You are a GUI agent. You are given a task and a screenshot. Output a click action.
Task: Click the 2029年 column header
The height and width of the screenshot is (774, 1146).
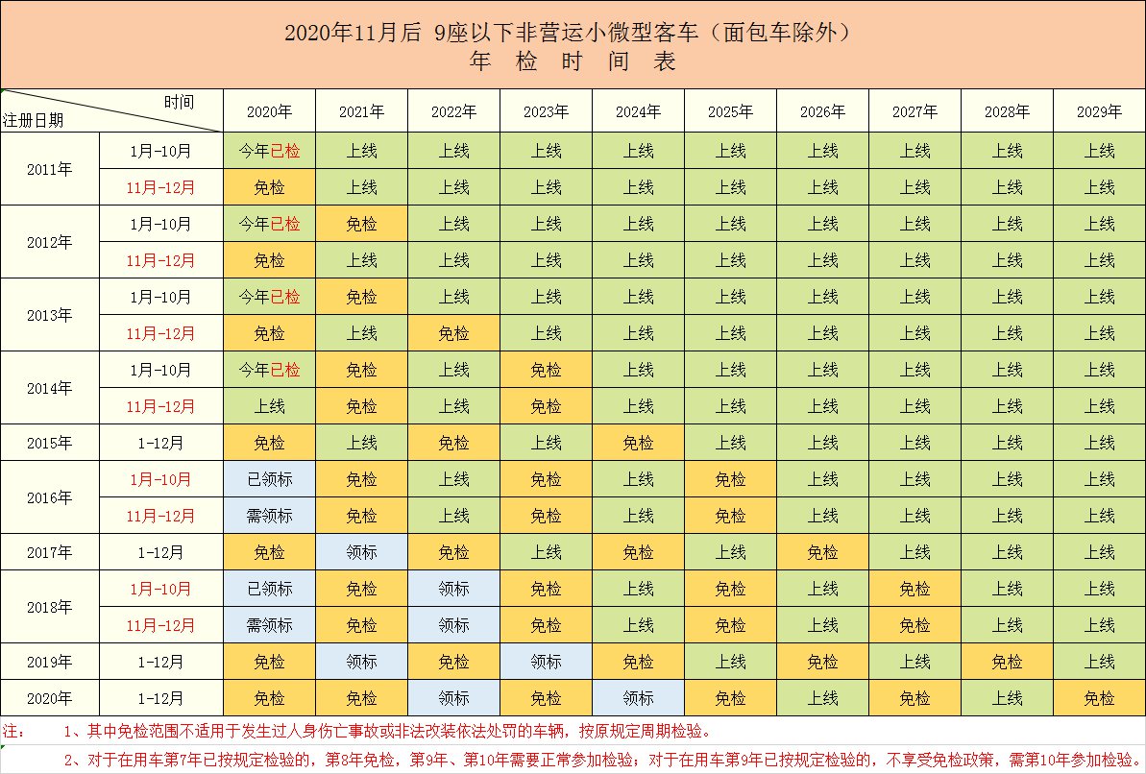tap(1099, 111)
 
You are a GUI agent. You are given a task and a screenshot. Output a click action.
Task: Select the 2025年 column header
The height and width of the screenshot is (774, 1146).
tap(730, 111)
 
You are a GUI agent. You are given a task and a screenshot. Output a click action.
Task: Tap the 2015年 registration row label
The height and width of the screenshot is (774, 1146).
tap(50, 443)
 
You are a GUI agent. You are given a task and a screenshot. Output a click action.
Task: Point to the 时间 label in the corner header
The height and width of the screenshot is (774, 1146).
tap(179, 101)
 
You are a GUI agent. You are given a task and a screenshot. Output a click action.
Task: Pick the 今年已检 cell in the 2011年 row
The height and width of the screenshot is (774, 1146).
tap(269, 151)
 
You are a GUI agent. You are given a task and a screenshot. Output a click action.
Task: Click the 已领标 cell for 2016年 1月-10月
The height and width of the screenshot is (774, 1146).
tap(269, 479)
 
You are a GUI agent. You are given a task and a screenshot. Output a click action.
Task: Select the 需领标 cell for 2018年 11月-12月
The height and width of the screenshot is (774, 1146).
tap(269, 625)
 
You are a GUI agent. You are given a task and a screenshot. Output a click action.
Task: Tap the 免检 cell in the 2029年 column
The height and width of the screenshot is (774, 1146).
tap(1099, 698)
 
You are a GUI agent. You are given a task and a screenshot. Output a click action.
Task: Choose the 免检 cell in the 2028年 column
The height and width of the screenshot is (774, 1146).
tap(1007, 662)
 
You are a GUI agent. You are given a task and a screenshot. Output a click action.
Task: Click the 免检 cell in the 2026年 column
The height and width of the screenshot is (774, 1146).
tap(822, 552)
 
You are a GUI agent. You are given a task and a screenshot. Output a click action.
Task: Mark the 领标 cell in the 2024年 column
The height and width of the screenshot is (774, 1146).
tap(638, 698)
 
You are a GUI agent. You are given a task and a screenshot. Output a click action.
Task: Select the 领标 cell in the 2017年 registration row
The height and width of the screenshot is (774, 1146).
tap(361, 552)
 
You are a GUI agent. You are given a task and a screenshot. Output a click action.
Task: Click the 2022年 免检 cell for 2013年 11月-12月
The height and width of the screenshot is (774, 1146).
tap(453, 333)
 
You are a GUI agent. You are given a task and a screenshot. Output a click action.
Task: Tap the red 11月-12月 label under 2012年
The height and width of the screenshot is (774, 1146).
tap(160, 260)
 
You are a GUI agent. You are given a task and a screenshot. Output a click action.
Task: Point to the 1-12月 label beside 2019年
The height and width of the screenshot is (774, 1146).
tap(160, 662)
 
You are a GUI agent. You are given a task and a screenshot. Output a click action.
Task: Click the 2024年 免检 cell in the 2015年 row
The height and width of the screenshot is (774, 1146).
tap(638, 443)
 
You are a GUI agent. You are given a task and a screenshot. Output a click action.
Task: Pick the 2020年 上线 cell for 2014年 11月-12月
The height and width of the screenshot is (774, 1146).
tap(269, 406)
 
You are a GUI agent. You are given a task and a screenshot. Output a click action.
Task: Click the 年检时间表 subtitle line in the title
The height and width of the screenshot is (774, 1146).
tap(573, 61)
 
